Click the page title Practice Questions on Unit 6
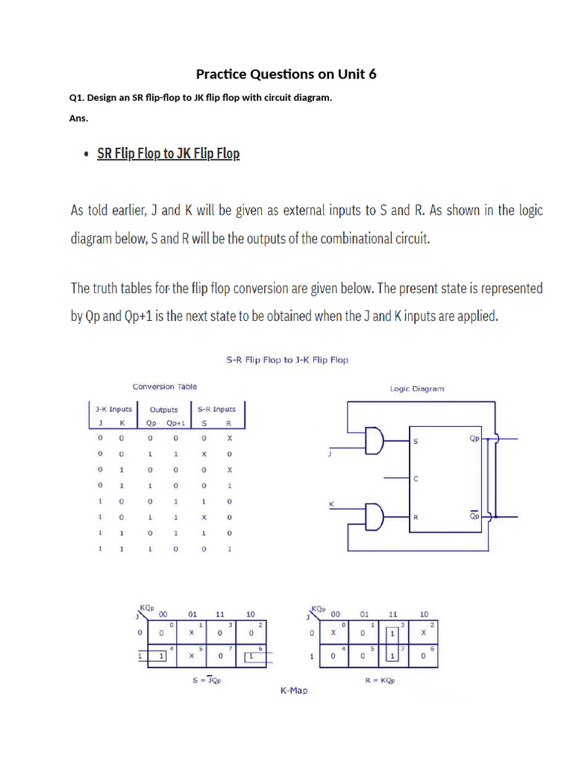coord(286,74)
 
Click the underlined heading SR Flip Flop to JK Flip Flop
coord(169,154)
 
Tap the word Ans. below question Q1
coord(78,118)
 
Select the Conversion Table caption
coord(164,386)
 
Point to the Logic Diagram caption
coord(416,389)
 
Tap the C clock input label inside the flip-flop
coord(416,479)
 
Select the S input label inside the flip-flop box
coord(416,442)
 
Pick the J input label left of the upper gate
coord(330,452)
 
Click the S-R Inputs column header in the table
coord(216,409)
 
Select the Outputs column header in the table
coord(164,410)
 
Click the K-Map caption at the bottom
coord(293,691)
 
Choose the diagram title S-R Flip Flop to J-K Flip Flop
coord(287,360)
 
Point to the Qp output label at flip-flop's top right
coord(475,439)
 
